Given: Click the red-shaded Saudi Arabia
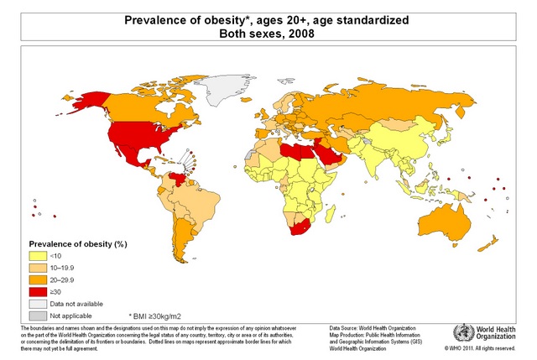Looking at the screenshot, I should (x=322, y=160).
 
